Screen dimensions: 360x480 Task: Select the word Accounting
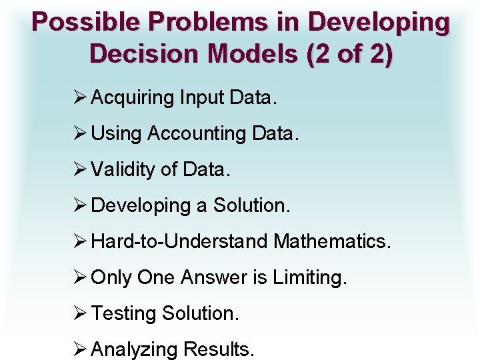click(197, 134)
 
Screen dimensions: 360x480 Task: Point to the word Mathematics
click(331, 241)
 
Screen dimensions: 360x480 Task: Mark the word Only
click(111, 277)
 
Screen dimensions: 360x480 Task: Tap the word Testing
click(123, 313)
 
